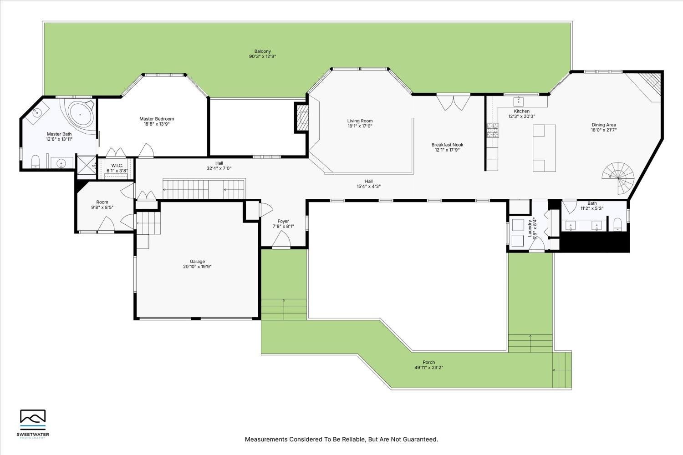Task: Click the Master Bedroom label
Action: [157, 119]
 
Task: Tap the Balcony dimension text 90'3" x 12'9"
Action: [263, 56]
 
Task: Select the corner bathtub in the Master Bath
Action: [81, 115]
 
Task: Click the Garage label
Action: [197, 261]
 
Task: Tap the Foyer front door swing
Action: [282, 239]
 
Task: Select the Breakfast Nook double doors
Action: [453, 102]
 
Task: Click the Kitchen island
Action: [545, 148]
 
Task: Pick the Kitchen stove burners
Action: [492, 131]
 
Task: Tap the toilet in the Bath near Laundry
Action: [618, 224]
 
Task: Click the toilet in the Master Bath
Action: [36, 161]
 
